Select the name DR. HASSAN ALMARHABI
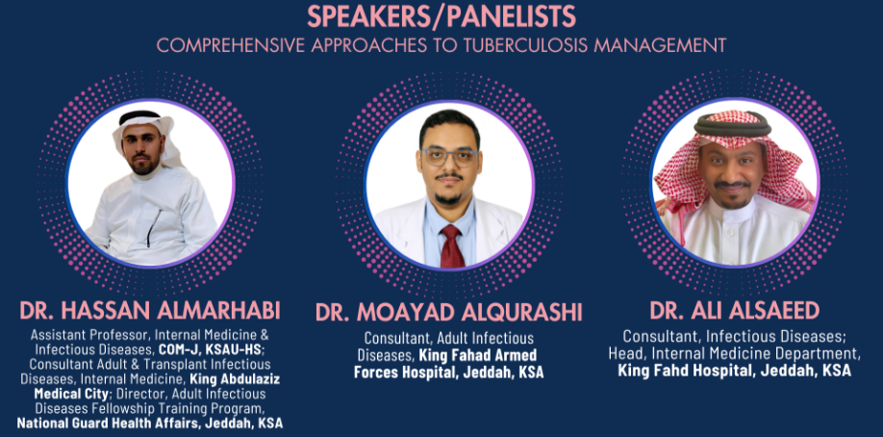tap(150, 311)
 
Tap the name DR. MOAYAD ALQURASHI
tap(449, 313)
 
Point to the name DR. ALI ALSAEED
tap(735, 311)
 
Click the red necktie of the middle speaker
tap(452, 245)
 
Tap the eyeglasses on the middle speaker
tap(450, 157)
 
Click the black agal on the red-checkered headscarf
tap(732, 123)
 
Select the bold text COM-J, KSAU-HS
tap(210, 349)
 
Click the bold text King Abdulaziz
tap(235, 378)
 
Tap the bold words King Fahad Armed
tap(477, 355)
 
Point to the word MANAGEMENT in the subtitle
tap(660, 45)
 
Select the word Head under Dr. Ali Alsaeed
tap(621, 354)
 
